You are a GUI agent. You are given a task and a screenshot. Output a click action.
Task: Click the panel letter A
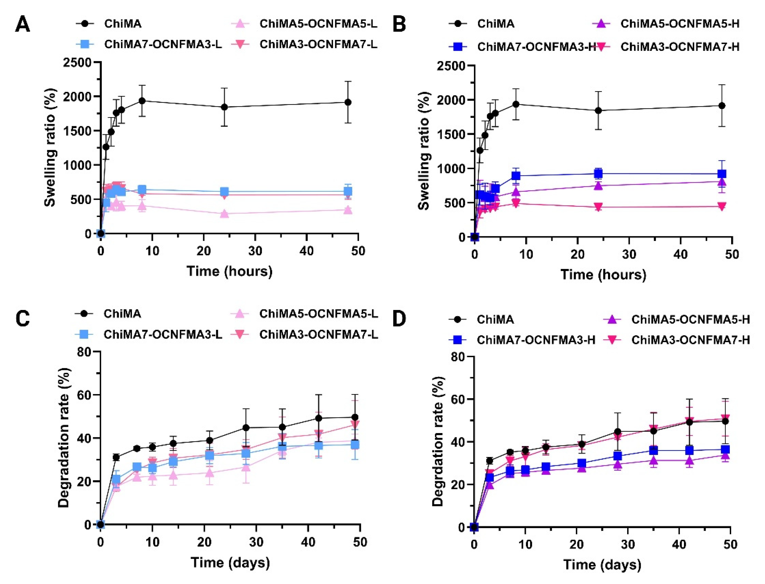pyautogui.click(x=22, y=25)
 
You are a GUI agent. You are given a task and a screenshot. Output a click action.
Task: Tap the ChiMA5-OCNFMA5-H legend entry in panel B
pyautogui.click(x=680, y=24)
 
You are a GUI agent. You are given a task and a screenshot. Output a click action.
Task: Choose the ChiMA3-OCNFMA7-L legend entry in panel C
pyautogui.click(x=318, y=334)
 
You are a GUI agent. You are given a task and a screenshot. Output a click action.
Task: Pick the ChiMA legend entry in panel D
pyautogui.click(x=495, y=319)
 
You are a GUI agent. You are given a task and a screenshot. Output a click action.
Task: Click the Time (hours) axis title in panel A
pyautogui.click(x=229, y=271)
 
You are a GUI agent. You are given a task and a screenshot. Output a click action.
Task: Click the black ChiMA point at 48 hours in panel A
pyautogui.click(x=348, y=102)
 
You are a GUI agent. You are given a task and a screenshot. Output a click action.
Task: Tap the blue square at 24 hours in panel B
pyautogui.click(x=598, y=173)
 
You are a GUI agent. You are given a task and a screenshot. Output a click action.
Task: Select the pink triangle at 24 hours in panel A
pyautogui.click(x=225, y=213)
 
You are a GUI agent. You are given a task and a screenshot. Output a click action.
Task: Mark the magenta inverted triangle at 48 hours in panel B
pyautogui.click(x=722, y=206)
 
